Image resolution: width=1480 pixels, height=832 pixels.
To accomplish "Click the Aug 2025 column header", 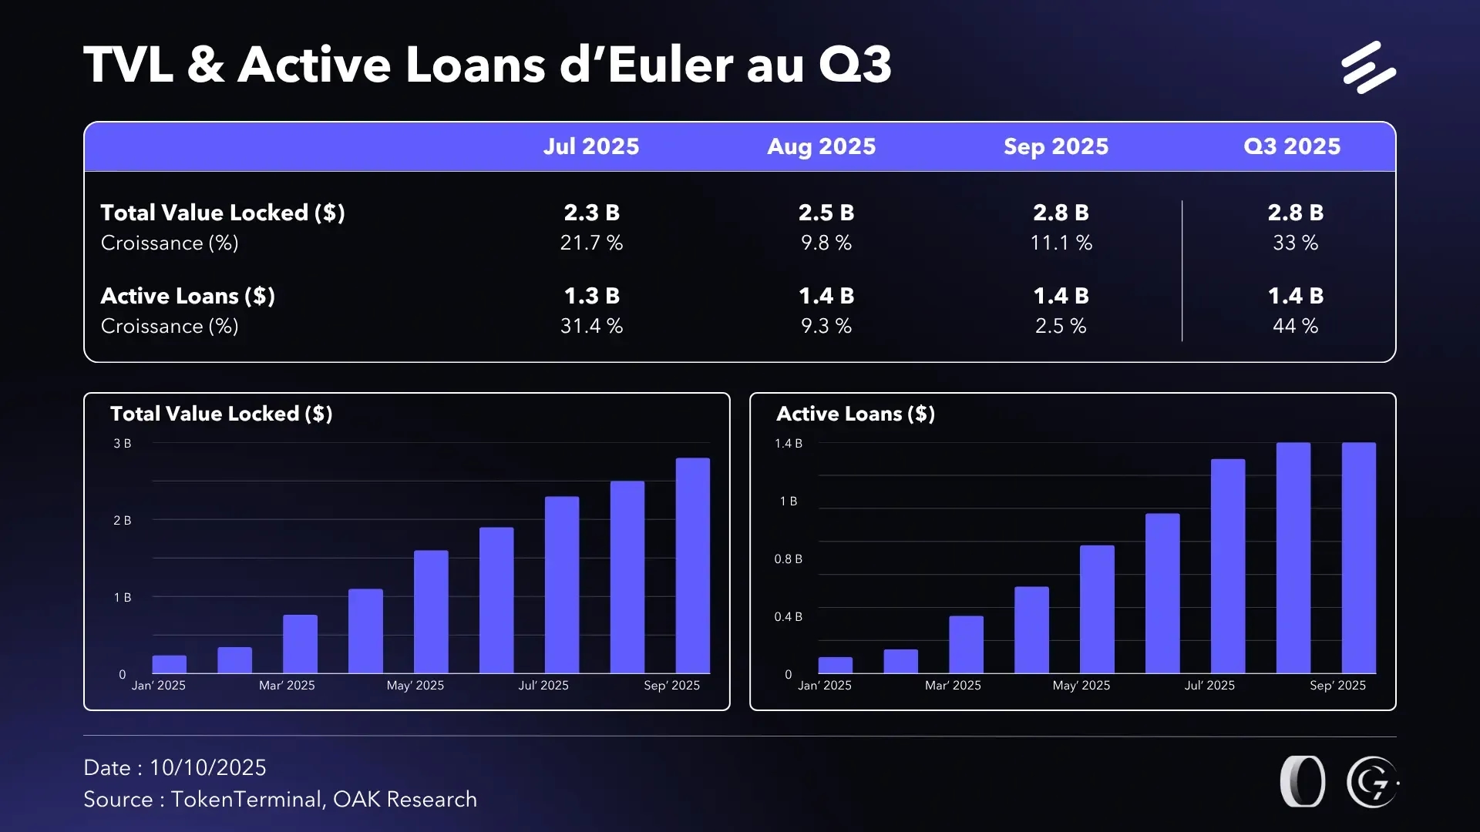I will pos(821,146).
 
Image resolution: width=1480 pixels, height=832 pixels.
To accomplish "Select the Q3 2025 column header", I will pos(1292,146).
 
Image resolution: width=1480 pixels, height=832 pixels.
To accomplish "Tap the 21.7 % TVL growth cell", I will pos(591,243).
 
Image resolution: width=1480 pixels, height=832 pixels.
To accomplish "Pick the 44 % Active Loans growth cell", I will pos(1295,326).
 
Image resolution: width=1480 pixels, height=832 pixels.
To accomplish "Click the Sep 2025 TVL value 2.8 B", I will pos(1061,213).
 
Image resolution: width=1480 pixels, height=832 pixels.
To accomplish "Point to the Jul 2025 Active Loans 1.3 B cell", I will pos(591,296).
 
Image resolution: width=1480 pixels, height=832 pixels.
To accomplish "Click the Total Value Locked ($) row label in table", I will pos(223,213).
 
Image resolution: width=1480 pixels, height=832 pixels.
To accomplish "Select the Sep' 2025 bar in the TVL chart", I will pos(692,565).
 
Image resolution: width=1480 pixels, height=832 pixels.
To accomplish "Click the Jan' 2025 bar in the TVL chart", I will pos(170,664).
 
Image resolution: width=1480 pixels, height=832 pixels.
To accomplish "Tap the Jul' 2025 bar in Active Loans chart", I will pos(1227,566).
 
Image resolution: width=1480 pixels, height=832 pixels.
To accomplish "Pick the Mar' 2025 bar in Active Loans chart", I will pos(966,644).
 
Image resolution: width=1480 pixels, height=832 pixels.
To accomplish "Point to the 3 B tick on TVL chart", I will pos(123,444).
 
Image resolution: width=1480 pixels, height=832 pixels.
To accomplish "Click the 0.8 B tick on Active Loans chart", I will pos(788,559).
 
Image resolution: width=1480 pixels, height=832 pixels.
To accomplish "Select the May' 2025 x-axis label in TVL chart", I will pos(415,686).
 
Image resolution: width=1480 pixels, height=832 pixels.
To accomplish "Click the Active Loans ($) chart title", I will pos(855,414).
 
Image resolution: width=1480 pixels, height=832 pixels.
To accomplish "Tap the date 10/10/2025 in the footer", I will pos(207,767).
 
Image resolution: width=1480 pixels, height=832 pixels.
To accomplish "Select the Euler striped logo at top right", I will pos(1368,68).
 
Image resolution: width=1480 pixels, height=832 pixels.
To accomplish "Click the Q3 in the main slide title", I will pos(855,65).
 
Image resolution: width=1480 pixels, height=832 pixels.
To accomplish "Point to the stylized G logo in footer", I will pos(1372,782).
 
